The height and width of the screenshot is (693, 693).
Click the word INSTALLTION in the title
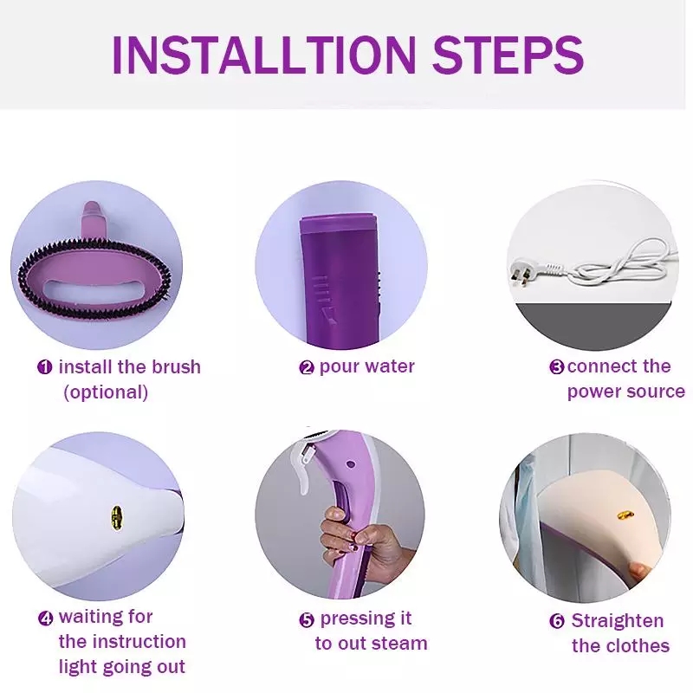point(264,55)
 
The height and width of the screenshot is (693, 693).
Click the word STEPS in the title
point(508,55)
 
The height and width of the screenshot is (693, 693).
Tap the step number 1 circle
point(45,367)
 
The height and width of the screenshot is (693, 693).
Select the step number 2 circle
point(307,367)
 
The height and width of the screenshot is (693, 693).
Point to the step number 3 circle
point(557,367)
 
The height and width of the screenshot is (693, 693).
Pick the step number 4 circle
point(46,618)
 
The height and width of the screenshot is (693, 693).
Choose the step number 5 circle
point(307,619)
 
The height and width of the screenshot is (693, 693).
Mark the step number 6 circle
point(557,621)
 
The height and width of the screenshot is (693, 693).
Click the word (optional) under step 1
point(106,392)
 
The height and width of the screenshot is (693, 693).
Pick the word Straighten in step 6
point(618,621)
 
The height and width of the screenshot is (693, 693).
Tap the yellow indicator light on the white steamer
point(117,518)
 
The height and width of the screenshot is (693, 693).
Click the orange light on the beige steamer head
point(625,515)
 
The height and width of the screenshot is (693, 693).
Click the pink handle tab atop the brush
point(93,219)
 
